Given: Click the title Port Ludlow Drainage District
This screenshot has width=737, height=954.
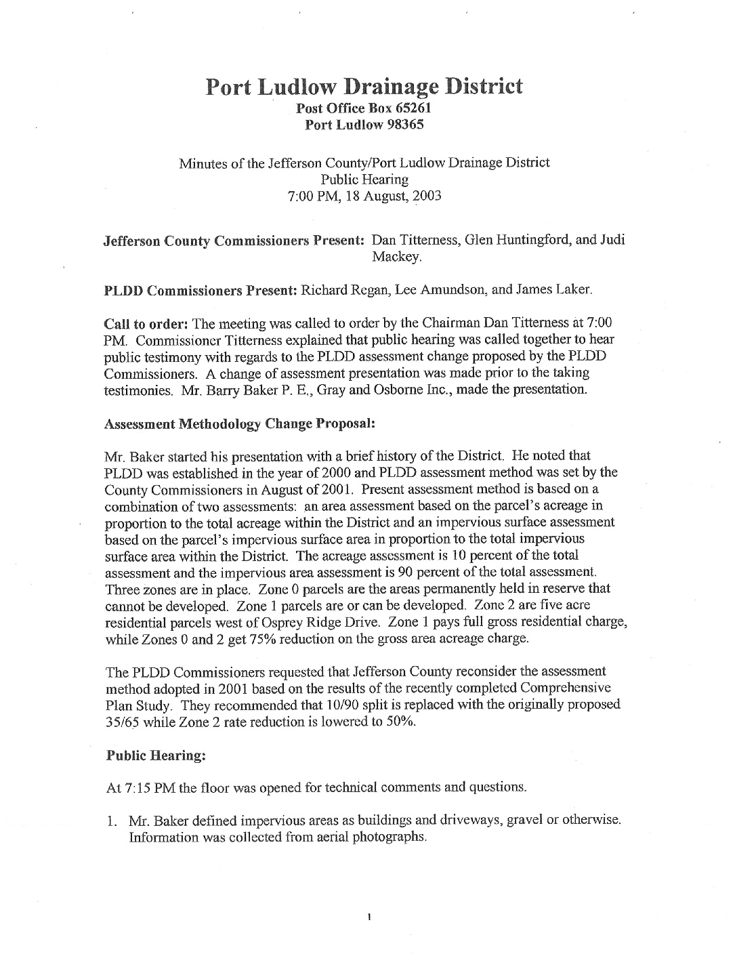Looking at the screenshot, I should (364, 86).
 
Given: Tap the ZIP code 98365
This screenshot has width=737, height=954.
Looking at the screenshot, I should (405, 124).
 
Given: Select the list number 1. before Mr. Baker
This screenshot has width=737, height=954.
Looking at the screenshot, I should (112, 821).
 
